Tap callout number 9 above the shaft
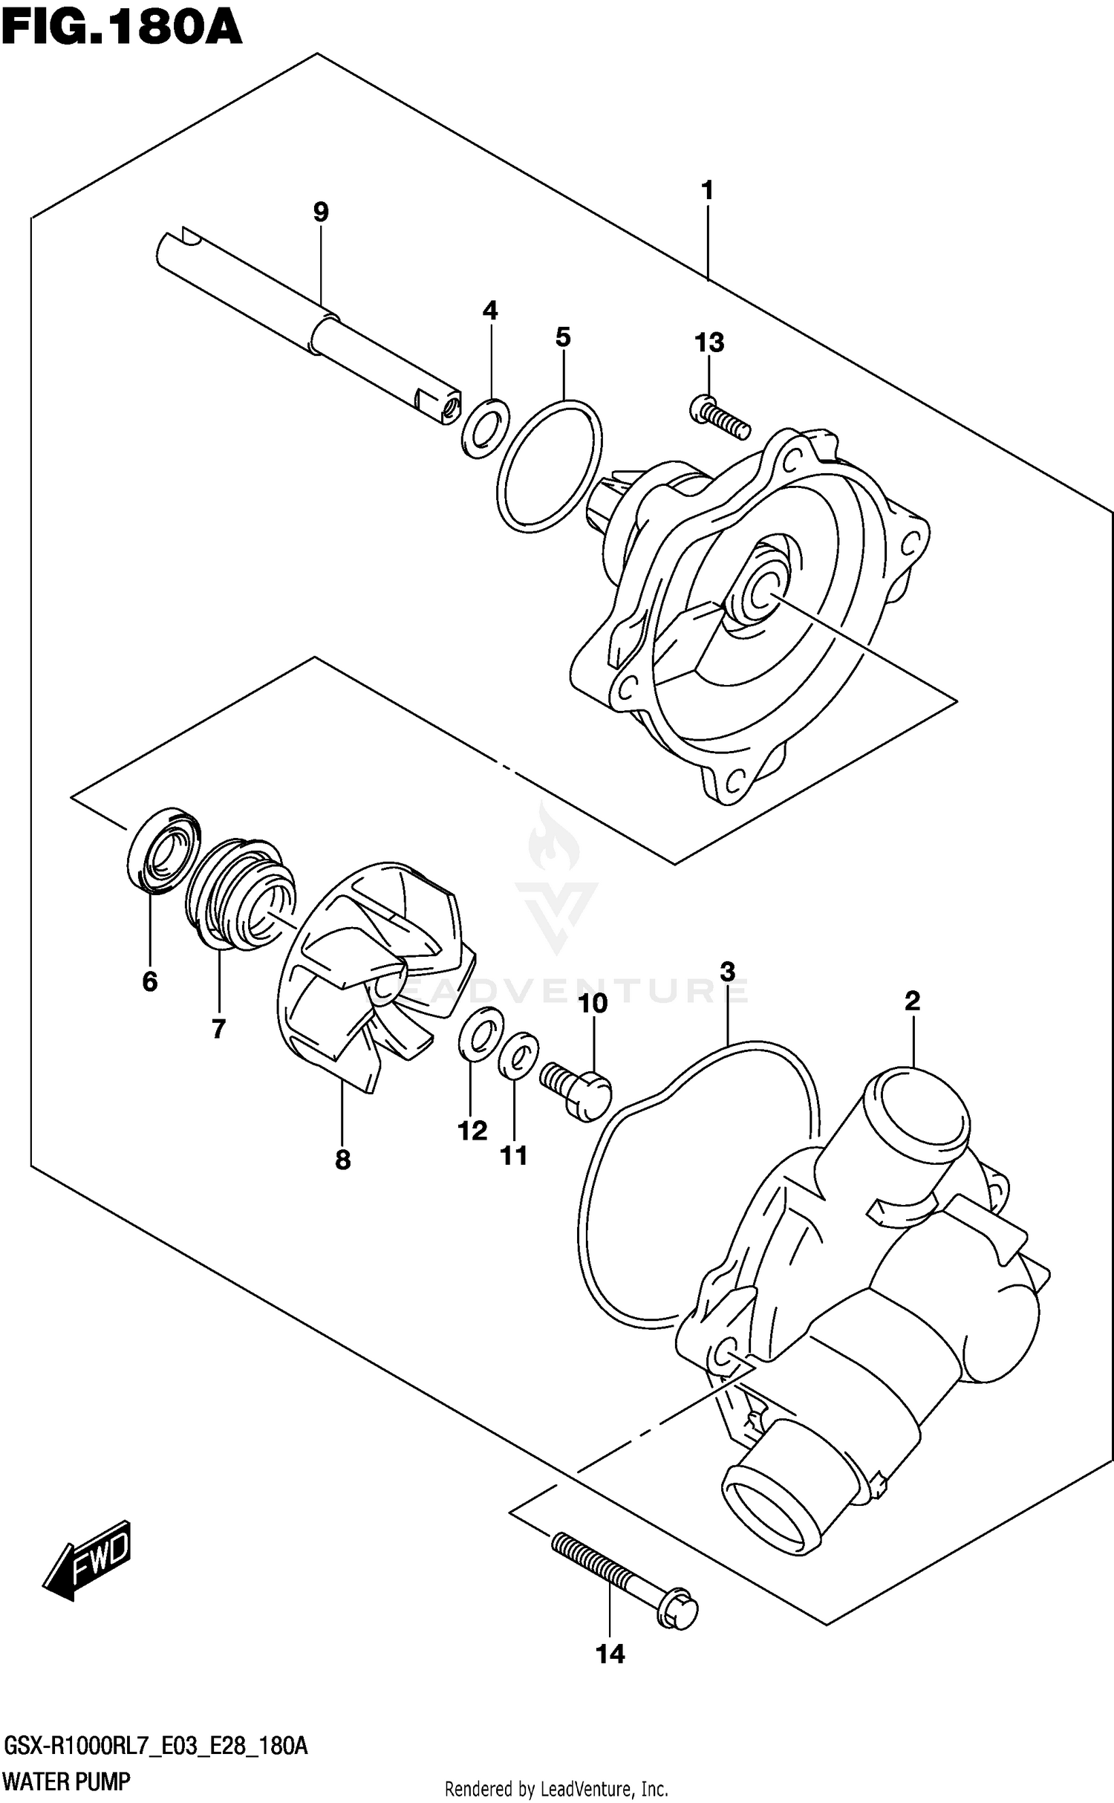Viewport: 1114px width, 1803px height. click(320, 212)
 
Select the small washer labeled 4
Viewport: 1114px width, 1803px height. click(486, 428)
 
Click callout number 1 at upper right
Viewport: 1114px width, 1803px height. click(707, 191)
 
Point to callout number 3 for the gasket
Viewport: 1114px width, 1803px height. click(727, 972)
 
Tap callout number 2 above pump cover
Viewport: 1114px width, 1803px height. click(912, 1001)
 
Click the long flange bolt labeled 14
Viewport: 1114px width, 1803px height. click(624, 1578)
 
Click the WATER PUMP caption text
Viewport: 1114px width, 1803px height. click(67, 1781)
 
